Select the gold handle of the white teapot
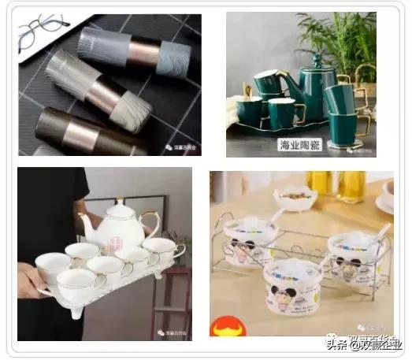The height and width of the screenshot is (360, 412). (x=148, y=223)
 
